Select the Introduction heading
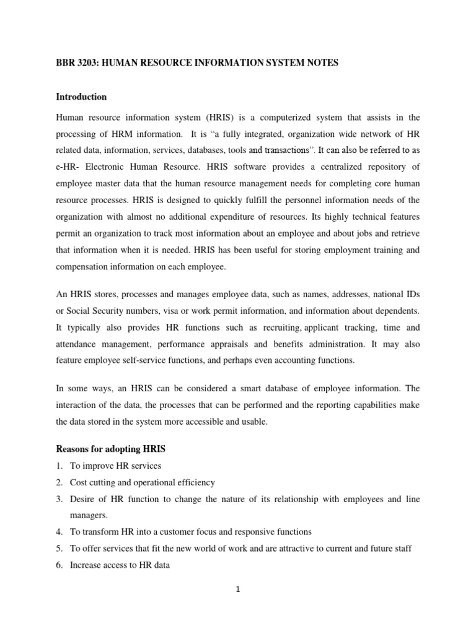tap(81, 97)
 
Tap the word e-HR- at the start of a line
tap(69, 166)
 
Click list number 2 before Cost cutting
tap(59, 482)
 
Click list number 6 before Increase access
tap(59, 564)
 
